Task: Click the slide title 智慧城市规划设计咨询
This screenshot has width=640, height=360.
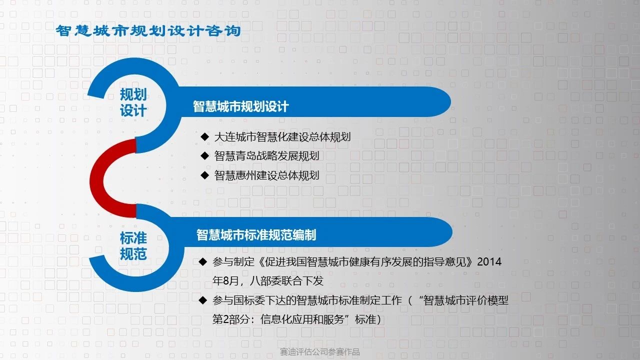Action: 148,31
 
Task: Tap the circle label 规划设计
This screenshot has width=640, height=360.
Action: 133,102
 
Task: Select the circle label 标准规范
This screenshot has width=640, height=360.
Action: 133,245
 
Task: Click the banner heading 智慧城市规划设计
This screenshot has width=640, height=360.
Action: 240,106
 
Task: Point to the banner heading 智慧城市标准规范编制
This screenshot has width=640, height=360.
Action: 256,235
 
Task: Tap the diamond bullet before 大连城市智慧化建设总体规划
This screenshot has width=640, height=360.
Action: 205,136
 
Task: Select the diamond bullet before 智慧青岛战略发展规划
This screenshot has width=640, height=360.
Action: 205,155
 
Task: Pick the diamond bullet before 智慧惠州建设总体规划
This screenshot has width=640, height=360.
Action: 205,175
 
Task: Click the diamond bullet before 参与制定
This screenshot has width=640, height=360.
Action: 203,261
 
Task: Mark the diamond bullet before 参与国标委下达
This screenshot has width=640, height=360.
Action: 203,300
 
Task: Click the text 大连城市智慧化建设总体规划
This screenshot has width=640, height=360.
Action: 282,137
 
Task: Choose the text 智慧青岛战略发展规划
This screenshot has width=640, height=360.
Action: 266,156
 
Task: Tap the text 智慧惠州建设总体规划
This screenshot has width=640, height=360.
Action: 266,175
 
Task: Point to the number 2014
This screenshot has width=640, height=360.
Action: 489,261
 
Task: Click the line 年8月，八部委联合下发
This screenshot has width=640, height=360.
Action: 267,281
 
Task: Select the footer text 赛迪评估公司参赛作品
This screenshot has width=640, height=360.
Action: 319,352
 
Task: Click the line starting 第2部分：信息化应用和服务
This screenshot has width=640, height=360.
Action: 297,319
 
